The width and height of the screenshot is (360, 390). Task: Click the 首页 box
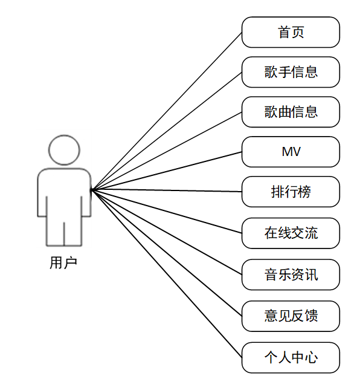[x=291, y=32]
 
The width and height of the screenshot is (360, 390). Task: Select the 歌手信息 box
[x=291, y=73]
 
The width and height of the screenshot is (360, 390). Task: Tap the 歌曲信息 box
[x=291, y=112]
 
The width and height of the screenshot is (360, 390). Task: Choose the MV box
[x=291, y=152]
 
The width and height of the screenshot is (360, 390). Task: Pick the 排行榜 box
[x=291, y=192]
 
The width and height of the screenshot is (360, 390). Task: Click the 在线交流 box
[x=291, y=233]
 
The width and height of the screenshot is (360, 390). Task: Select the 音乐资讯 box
[x=291, y=275]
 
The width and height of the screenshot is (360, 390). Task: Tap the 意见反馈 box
[x=291, y=316]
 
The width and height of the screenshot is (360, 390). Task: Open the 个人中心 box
[x=291, y=357]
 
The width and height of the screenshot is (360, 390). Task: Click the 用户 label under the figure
[x=63, y=263]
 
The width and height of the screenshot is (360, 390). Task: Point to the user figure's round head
[x=64, y=150]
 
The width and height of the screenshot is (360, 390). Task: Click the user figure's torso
[x=64, y=193]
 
